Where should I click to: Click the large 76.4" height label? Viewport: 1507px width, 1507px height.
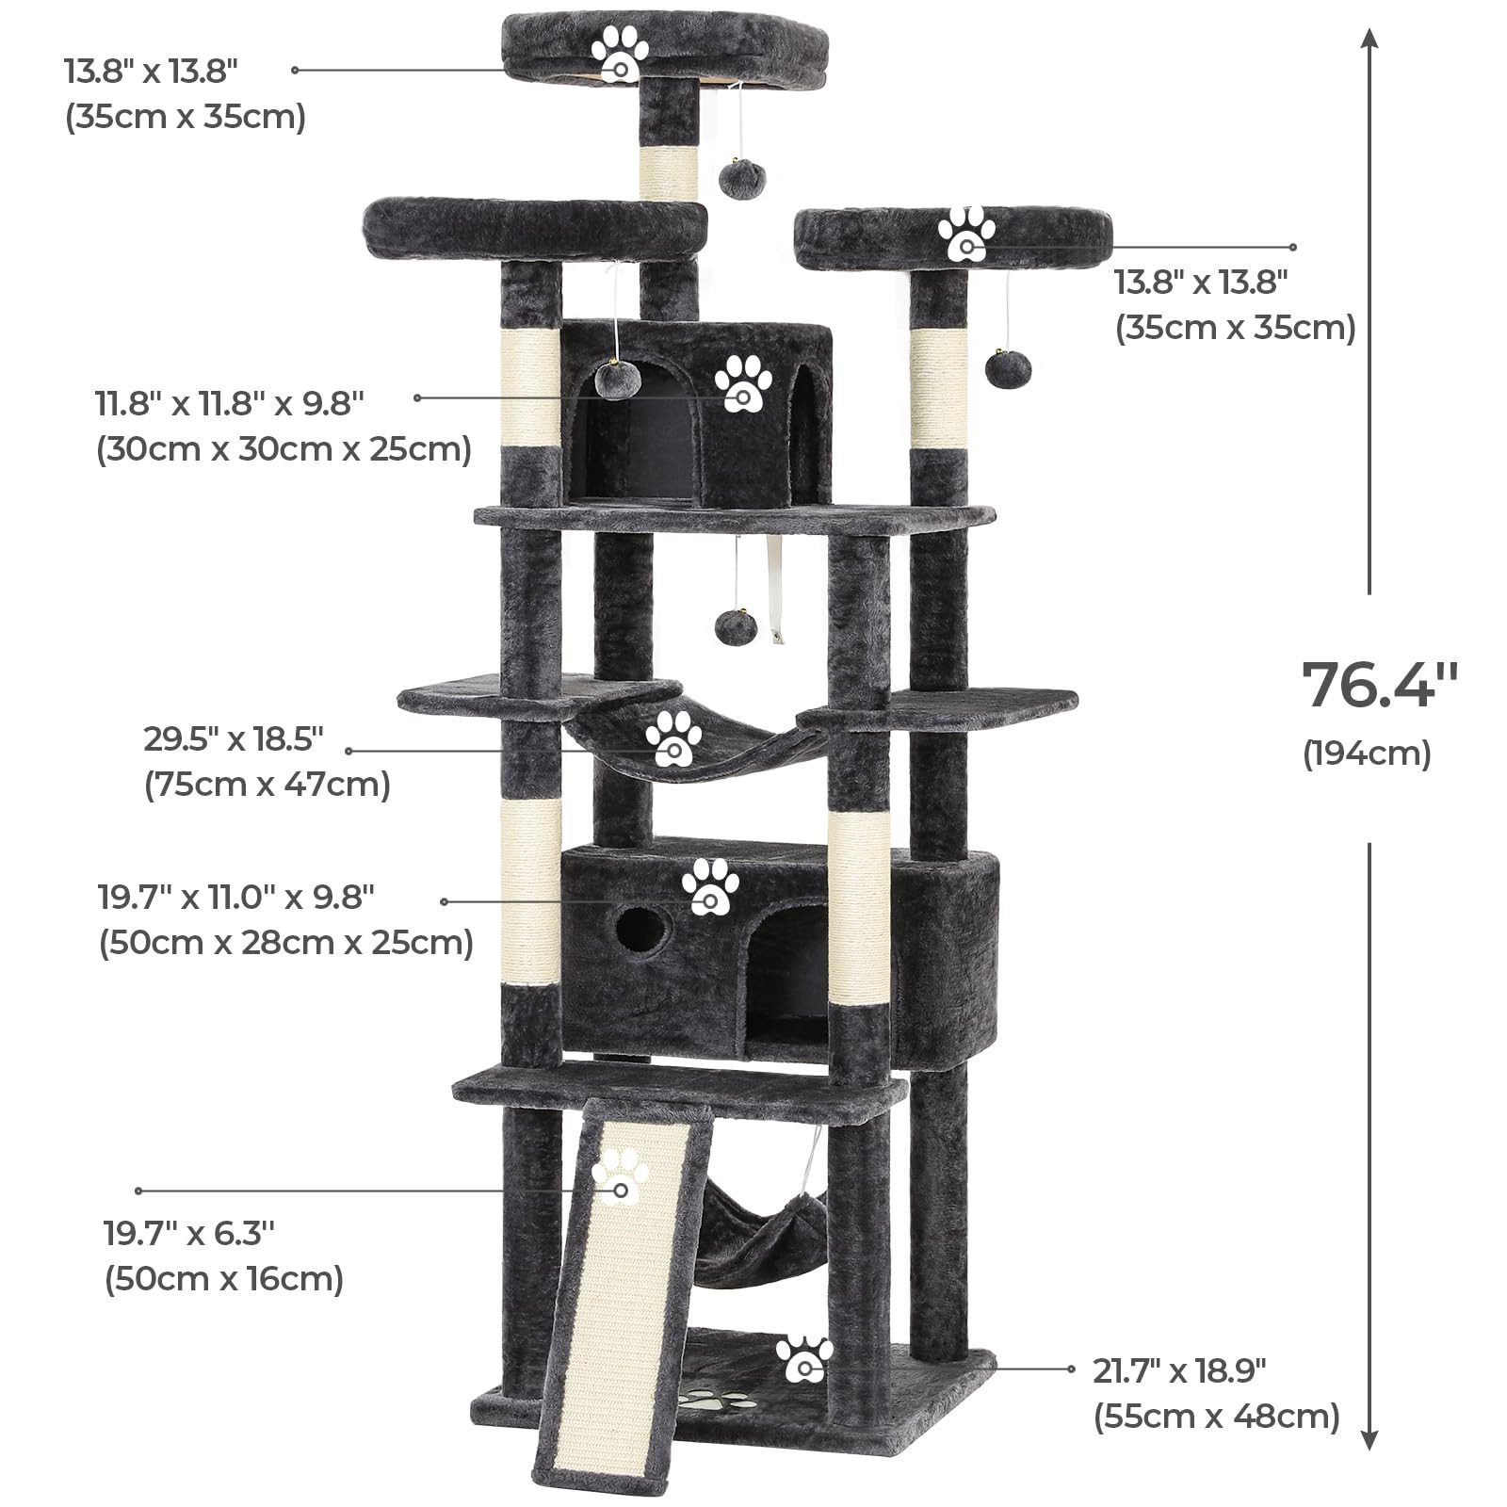click(x=1380, y=685)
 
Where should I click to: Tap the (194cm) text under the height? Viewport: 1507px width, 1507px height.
click(x=1367, y=753)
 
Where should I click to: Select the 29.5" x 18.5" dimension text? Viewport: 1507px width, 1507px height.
click(x=234, y=739)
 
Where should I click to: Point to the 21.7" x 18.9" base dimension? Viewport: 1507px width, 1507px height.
click(x=1179, y=1370)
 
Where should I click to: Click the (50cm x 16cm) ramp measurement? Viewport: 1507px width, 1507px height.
click(x=224, y=1279)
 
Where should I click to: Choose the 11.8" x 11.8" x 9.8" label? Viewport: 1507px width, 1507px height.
click(x=230, y=403)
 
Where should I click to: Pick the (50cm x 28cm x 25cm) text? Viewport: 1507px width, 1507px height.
click(x=286, y=942)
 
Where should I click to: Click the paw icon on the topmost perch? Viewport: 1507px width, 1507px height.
click(x=621, y=54)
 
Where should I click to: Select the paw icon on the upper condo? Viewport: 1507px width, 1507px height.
click(x=743, y=383)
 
